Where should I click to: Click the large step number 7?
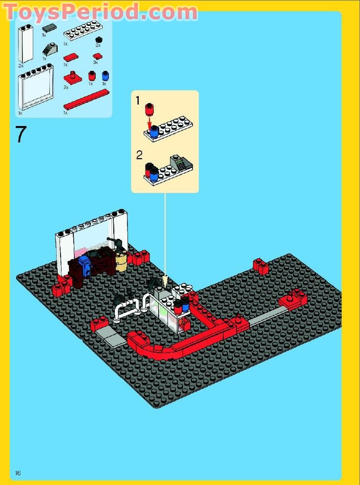[x=20, y=134]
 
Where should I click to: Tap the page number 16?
[x=18, y=472]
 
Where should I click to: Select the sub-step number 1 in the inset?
[x=138, y=101]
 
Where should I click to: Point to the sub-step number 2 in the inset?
[x=139, y=155]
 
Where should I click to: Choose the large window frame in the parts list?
[x=35, y=87]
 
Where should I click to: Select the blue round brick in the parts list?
[x=105, y=76]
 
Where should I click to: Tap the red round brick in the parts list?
[x=91, y=76]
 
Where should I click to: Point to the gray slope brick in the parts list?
[x=49, y=49]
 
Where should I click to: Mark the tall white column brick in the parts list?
[x=25, y=44]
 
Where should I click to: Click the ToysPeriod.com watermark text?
[x=100, y=12]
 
